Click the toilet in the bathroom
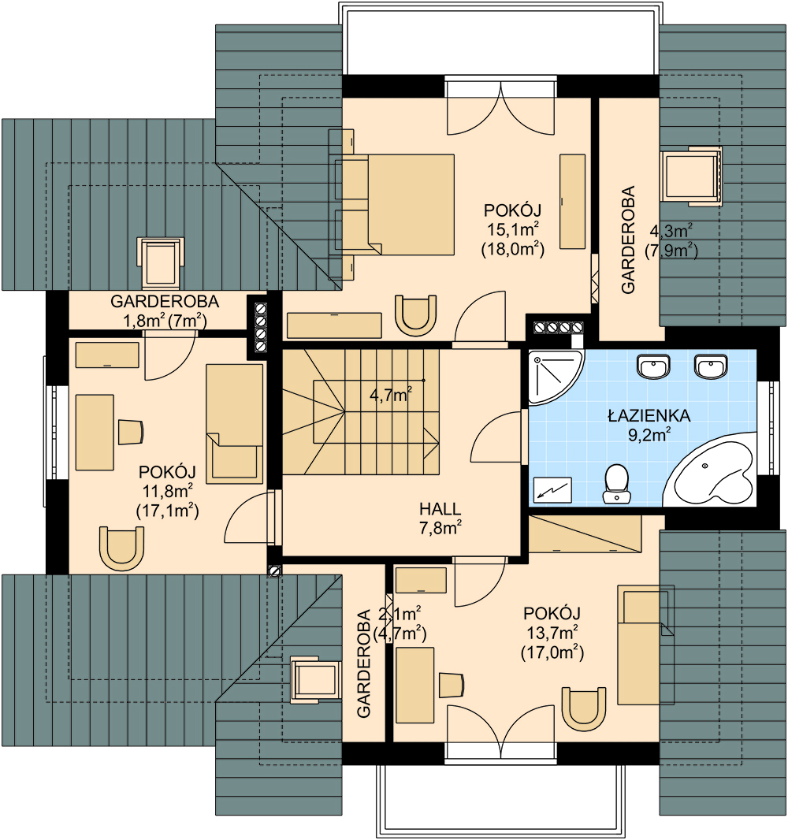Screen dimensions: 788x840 [x=616, y=484]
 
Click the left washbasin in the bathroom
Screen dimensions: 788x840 [x=653, y=366]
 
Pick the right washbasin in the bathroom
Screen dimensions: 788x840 [x=711, y=366]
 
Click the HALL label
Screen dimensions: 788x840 [x=440, y=508]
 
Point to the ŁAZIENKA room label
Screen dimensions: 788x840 [x=649, y=415]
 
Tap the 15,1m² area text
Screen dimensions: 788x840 [x=513, y=229]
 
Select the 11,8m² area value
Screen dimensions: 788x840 [x=167, y=491]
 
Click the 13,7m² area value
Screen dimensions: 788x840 [x=552, y=633]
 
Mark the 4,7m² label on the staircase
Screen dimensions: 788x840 [x=391, y=396]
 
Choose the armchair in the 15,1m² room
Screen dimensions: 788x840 [x=415, y=315]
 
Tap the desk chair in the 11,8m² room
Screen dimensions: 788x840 [x=131, y=433]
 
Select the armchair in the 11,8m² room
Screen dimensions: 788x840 [x=121, y=548]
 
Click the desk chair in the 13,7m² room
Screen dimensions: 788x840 [x=451, y=686]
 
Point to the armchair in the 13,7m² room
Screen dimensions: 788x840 [x=584, y=709]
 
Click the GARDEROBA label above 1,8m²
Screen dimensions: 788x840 [x=165, y=302]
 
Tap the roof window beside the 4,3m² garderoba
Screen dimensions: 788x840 [x=691, y=176]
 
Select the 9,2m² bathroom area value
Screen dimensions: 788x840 [x=649, y=434]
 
